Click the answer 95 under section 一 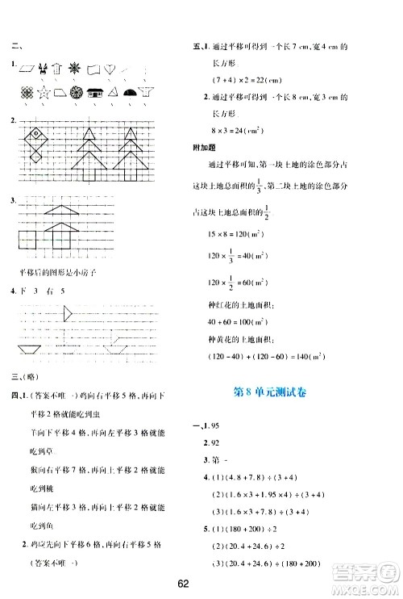pos(216,430)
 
